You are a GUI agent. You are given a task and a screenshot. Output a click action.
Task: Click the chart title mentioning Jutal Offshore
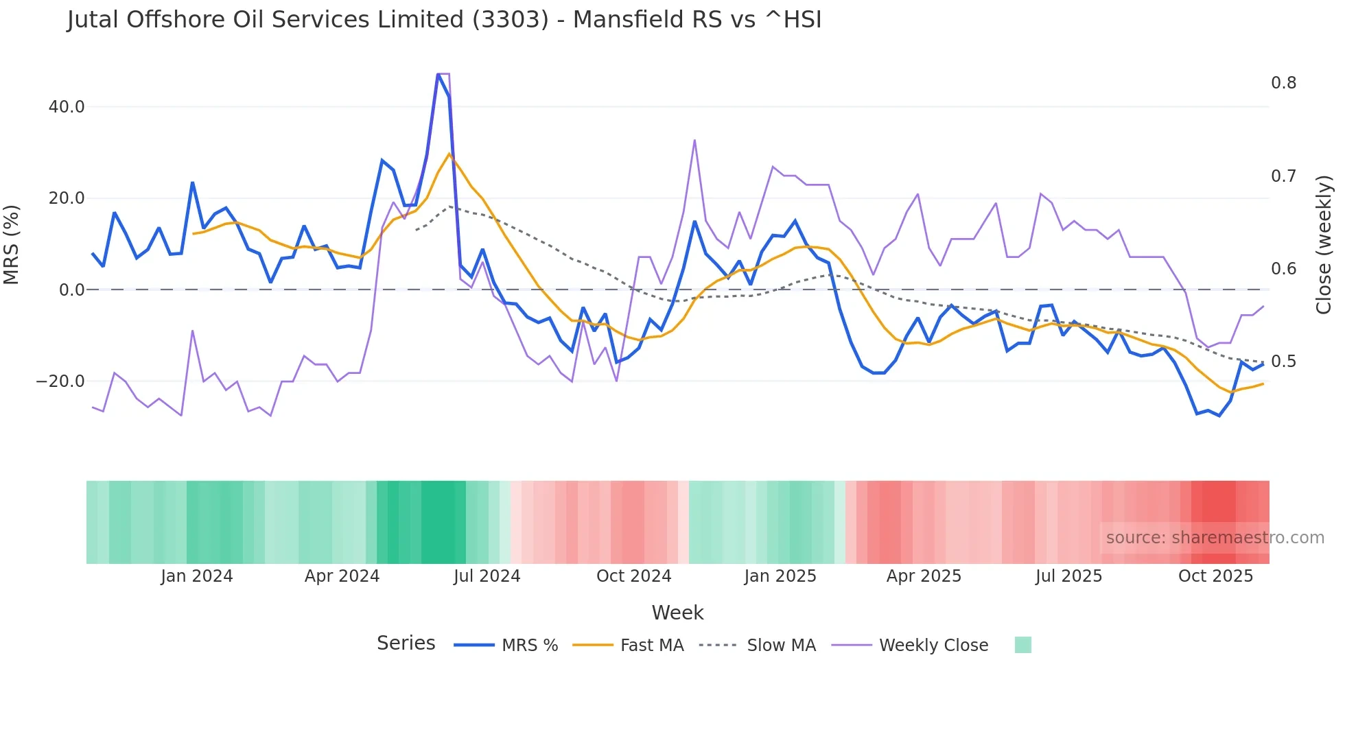[444, 20]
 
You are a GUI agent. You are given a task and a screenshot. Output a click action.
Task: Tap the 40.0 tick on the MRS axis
[67, 107]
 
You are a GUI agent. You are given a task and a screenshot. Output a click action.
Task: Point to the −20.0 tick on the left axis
[60, 381]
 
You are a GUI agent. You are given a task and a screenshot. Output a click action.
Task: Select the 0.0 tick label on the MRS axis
[72, 290]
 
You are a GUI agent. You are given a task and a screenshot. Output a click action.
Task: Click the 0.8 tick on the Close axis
[1283, 83]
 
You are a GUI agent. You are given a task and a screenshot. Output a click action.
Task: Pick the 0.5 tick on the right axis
[1283, 362]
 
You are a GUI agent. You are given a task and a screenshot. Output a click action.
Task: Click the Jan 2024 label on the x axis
[197, 576]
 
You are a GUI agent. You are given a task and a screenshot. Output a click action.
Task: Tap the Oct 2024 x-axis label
[633, 576]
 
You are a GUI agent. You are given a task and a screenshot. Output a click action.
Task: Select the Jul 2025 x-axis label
[1068, 576]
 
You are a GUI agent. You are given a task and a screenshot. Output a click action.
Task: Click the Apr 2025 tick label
[924, 576]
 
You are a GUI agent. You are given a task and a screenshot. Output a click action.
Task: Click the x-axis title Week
[677, 613]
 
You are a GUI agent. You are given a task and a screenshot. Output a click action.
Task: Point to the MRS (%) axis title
[12, 244]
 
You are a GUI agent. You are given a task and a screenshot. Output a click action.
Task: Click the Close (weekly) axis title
[1324, 244]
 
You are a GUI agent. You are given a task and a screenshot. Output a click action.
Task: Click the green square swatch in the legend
[1022, 645]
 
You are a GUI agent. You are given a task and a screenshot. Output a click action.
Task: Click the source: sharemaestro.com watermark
[1215, 538]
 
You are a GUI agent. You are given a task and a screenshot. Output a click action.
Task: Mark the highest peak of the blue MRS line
[438, 74]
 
